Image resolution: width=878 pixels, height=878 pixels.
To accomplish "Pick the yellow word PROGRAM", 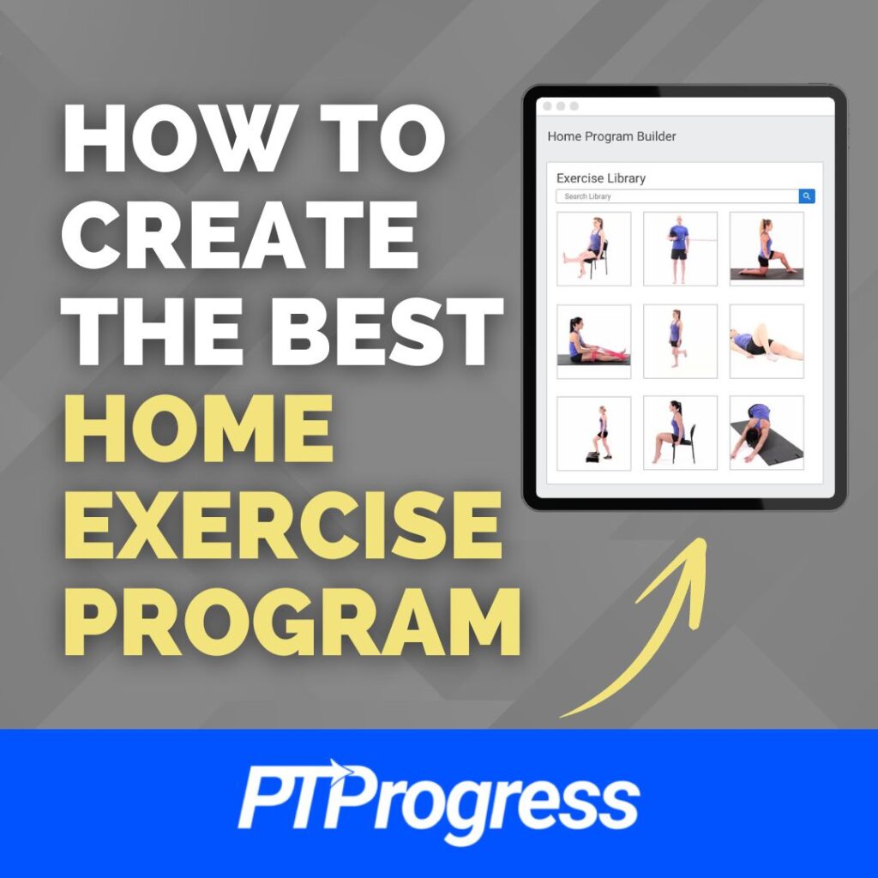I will point(292,616).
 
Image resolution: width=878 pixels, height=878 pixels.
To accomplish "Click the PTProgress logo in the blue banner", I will point(438,803).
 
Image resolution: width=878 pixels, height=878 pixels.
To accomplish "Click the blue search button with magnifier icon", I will point(807,196).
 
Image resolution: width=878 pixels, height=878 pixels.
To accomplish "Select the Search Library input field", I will point(677,196).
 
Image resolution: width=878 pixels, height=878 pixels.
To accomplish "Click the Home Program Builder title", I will point(611,136).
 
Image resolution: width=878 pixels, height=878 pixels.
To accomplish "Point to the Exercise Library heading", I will point(601,178).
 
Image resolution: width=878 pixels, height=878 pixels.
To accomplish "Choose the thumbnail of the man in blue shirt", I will point(680,249).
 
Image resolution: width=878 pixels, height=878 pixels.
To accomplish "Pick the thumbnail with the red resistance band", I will point(593,341).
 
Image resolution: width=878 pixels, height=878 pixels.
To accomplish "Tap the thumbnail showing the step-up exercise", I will point(593,433).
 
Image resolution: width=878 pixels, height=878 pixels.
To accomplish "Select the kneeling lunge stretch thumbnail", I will point(767,249).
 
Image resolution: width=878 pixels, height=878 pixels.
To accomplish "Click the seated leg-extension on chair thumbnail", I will point(593,249).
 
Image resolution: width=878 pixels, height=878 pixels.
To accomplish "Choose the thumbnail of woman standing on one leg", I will point(680,341).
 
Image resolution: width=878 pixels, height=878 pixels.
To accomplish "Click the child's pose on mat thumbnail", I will point(767,433).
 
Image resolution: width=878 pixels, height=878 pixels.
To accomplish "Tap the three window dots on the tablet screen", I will point(561,106).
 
